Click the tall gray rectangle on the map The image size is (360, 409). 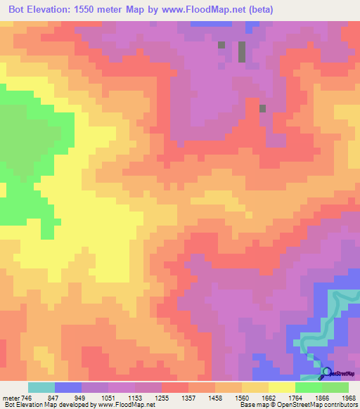(242, 53)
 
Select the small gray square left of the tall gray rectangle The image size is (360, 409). (221, 45)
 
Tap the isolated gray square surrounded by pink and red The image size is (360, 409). (263, 108)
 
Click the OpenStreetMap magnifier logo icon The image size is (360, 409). (326, 372)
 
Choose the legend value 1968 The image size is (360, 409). (347, 397)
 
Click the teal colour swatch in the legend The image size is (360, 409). (41, 387)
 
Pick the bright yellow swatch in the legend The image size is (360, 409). (281, 387)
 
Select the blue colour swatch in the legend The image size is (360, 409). (67, 387)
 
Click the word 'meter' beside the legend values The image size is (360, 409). (10, 397)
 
